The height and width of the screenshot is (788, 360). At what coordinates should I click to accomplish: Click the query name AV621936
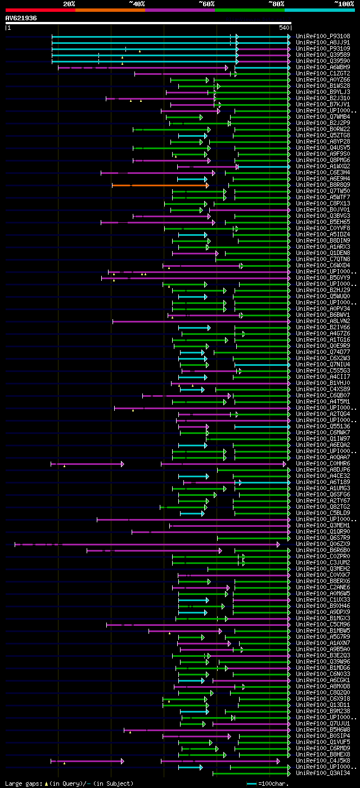(x=21, y=18)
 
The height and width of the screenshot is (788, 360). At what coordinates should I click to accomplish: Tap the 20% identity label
(x=69, y=4)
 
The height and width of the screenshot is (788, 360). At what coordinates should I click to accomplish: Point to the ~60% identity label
(x=206, y=4)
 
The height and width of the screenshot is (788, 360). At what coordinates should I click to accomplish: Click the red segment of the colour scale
(x=40, y=10)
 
